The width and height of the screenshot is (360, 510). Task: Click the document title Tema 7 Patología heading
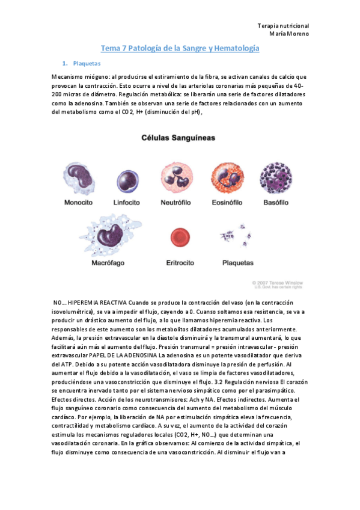click(x=180, y=48)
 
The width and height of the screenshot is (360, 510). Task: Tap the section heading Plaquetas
click(x=86, y=63)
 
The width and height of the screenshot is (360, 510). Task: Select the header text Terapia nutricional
click(x=282, y=26)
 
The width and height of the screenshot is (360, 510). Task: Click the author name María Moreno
click(x=289, y=34)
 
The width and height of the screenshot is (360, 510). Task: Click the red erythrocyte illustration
click(x=180, y=239)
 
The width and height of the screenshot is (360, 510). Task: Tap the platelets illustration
click(x=237, y=239)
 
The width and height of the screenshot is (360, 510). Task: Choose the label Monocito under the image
click(x=79, y=203)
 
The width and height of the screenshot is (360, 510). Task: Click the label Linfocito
click(x=128, y=203)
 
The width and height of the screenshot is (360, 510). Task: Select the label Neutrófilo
click(x=177, y=203)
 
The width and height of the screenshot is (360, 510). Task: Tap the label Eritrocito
click(x=181, y=263)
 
